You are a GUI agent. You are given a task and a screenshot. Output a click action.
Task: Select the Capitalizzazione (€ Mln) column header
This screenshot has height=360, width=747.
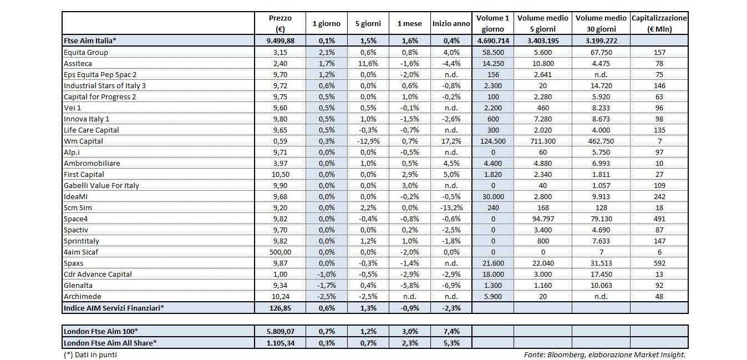[x=659, y=23]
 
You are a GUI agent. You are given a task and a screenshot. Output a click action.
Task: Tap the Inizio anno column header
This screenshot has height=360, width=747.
[x=452, y=23]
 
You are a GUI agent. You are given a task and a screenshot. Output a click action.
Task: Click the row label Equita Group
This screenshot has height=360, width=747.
[x=86, y=52]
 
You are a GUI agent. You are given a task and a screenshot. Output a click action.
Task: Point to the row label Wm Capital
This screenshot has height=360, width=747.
[x=83, y=141]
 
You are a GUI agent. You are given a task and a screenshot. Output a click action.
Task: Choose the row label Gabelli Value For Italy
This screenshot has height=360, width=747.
[x=101, y=185]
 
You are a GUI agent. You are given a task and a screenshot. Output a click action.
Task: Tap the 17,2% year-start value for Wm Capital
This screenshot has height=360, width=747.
[x=452, y=141]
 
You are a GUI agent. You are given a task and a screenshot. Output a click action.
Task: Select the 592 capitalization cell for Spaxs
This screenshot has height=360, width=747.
[x=659, y=263]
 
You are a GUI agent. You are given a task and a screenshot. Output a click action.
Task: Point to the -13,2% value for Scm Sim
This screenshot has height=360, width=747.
[x=452, y=207]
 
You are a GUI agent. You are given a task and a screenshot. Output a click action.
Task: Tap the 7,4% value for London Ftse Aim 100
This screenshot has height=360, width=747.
[x=452, y=331]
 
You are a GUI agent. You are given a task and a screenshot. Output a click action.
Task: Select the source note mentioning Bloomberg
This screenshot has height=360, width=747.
[x=604, y=354]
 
